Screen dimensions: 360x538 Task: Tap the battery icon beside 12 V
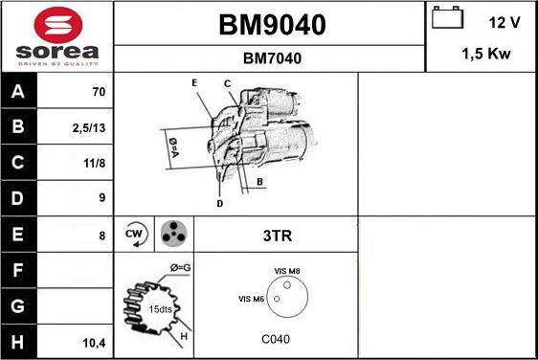click(x=446, y=19)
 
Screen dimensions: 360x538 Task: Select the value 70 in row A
click(x=98, y=93)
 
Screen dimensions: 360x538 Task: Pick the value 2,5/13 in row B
click(x=88, y=128)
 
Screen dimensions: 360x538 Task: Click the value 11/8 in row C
click(x=94, y=164)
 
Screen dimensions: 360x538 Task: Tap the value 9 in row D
click(x=101, y=199)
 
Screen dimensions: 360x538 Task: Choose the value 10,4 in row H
click(x=94, y=342)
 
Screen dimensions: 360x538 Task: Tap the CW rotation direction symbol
click(x=134, y=234)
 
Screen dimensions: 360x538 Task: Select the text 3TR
click(x=275, y=235)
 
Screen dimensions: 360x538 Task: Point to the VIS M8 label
click(x=287, y=272)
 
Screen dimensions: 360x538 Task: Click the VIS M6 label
click(x=251, y=300)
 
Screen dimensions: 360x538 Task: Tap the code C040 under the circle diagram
click(x=276, y=339)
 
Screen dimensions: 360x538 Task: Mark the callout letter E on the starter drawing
click(x=194, y=83)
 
